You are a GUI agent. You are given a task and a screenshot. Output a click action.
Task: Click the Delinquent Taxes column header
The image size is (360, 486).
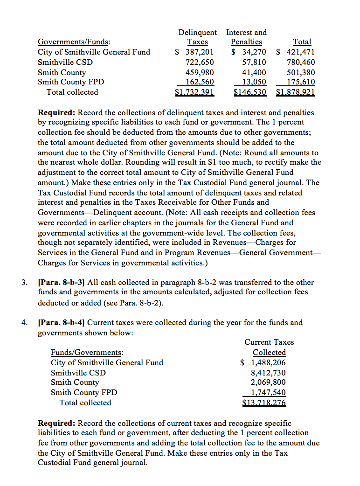(197, 37)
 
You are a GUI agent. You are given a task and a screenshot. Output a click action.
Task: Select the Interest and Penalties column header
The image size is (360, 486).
(246, 37)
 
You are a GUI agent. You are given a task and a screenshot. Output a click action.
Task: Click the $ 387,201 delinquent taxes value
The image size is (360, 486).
(194, 52)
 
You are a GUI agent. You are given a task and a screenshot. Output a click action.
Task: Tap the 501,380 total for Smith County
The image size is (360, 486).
(301, 72)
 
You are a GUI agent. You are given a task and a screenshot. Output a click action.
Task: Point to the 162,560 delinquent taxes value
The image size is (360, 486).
(200, 82)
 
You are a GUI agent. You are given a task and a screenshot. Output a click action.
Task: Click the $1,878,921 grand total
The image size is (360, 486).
(296, 92)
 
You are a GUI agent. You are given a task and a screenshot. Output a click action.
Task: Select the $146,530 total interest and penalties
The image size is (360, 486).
(249, 92)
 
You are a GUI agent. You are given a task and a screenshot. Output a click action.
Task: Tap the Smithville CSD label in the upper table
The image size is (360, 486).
(65, 62)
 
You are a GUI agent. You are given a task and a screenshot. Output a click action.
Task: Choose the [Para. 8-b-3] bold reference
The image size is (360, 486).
(61, 283)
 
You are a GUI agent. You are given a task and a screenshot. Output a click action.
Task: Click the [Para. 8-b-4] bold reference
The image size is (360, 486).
(61, 323)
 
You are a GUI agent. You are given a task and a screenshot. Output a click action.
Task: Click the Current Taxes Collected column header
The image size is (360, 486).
(269, 347)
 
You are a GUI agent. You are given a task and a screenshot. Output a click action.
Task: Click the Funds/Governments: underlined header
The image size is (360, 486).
(87, 353)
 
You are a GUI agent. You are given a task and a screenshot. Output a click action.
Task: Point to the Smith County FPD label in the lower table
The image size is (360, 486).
(84, 393)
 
